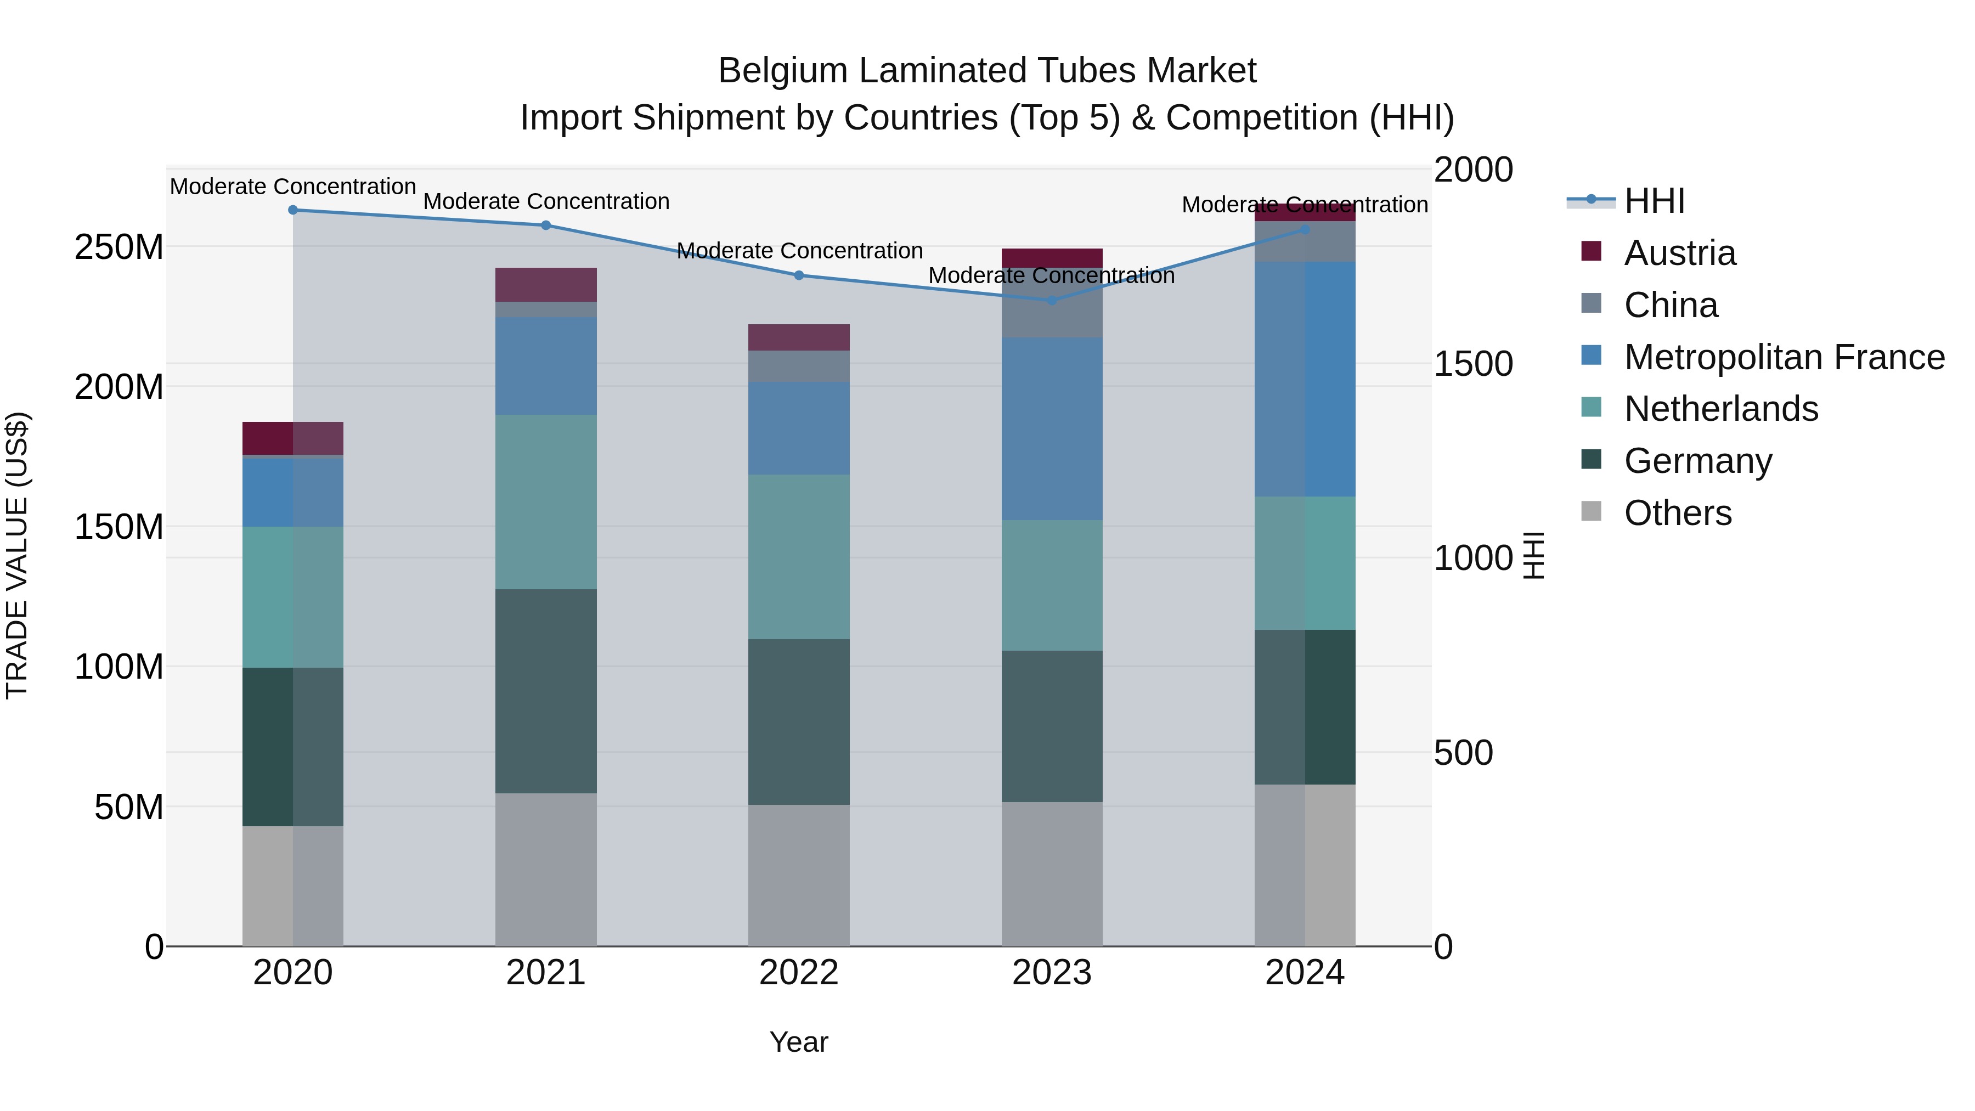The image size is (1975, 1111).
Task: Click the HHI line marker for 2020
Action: pyautogui.click(x=293, y=210)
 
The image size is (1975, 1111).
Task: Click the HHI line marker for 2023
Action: pyautogui.click(x=1052, y=301)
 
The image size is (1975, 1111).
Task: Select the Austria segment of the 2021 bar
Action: pyautogui.click(x=546, y=284)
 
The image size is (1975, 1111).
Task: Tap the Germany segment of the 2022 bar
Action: pyautogui.click(x=799, y=721)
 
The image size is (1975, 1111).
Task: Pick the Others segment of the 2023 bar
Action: pyautogui.click(x=1052, y=874)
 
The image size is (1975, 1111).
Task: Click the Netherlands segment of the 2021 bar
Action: pyautogui.click(x=546, y=502)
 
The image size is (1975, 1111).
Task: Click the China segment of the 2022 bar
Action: pyautogui.click(x=799, y=366)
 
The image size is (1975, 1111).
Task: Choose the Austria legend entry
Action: pyautogui.click(x=1679, y=253)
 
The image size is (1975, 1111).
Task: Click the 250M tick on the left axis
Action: pyautogui.click(x=119, y=247)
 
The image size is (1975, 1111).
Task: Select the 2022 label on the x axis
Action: pyautogui.click(x=799, y=973)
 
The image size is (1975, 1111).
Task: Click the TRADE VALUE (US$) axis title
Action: pyautogui.click(x=17, y=555)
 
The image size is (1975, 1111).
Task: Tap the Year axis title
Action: pyautogui.click(x=799, y=1042)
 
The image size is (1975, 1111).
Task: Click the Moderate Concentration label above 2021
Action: pyautogui.click(x=546, y=202)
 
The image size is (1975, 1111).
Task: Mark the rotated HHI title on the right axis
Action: pyautogui.click(x=1533, y=555)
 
